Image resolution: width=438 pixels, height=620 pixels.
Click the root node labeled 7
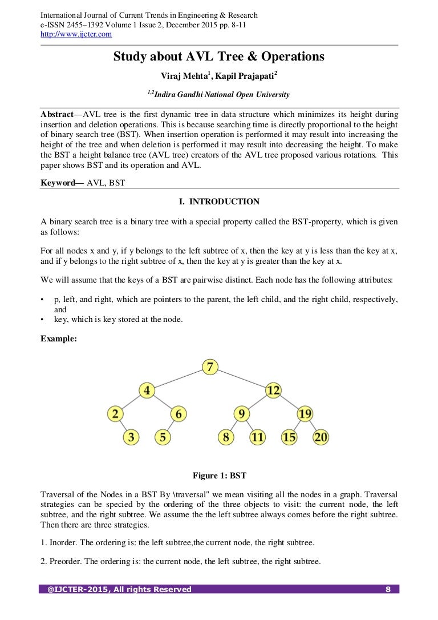[x=210, y=367]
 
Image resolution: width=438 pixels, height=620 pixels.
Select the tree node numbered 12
[x=273, y=390]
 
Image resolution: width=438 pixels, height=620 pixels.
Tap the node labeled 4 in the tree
[x=147, y=390]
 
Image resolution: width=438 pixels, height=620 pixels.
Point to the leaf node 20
[x=321, y=437]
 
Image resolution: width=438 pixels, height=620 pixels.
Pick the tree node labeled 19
[x=305, y=414]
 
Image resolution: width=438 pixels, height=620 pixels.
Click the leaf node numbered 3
[x=131, y=437]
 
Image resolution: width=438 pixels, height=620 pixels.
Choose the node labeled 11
[x=258, y=437]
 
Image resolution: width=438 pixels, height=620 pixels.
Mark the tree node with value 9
[x=242, y=414]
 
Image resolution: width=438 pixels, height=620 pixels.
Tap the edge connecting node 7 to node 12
[x=242, y=379]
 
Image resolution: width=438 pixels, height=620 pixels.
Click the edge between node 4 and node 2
[x=131, y=402]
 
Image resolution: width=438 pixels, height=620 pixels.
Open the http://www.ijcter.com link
[x=76, y=34]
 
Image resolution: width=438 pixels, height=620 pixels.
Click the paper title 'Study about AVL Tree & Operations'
[x=218, y=57]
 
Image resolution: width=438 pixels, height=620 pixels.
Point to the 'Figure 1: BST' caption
[x=219, y=475]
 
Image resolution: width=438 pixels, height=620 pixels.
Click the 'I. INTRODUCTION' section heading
[x=219, y=202]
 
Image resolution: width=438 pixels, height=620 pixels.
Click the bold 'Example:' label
[x=59, y=338]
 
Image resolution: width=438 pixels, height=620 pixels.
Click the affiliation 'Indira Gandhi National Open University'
[x=222, y=95]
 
